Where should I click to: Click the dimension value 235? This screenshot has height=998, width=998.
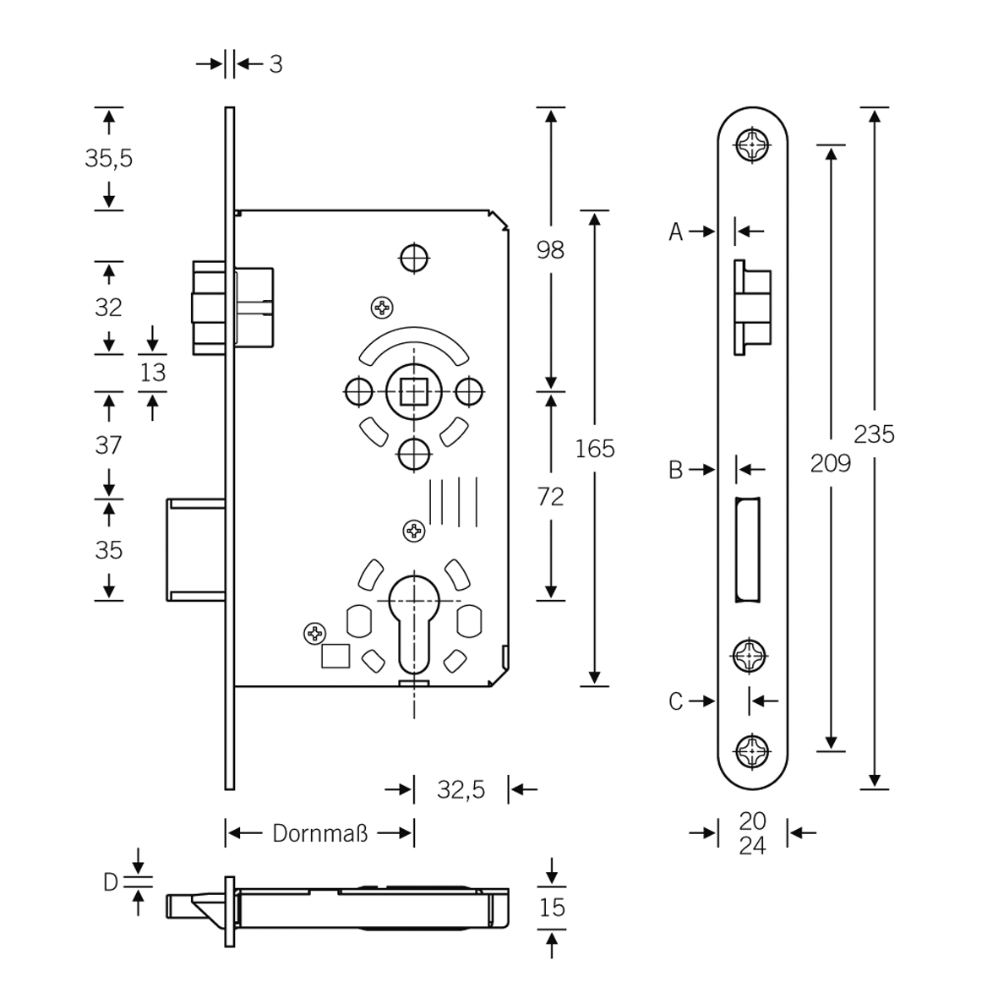coord(874,434)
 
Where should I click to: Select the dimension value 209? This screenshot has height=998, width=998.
coord(830,463)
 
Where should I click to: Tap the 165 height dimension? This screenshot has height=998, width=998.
coord(594,450)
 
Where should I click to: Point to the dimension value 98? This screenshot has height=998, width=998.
coord(550,250)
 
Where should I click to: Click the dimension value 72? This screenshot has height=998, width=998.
coord(550,496)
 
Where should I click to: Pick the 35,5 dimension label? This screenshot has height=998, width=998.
coord(109,158)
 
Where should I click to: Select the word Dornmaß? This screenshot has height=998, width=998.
coord(319,833)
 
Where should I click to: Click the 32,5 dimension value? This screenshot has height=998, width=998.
coord(461,790)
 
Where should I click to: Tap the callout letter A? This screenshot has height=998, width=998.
coord(675,232)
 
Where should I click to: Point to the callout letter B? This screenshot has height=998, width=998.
coord(675,470)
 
